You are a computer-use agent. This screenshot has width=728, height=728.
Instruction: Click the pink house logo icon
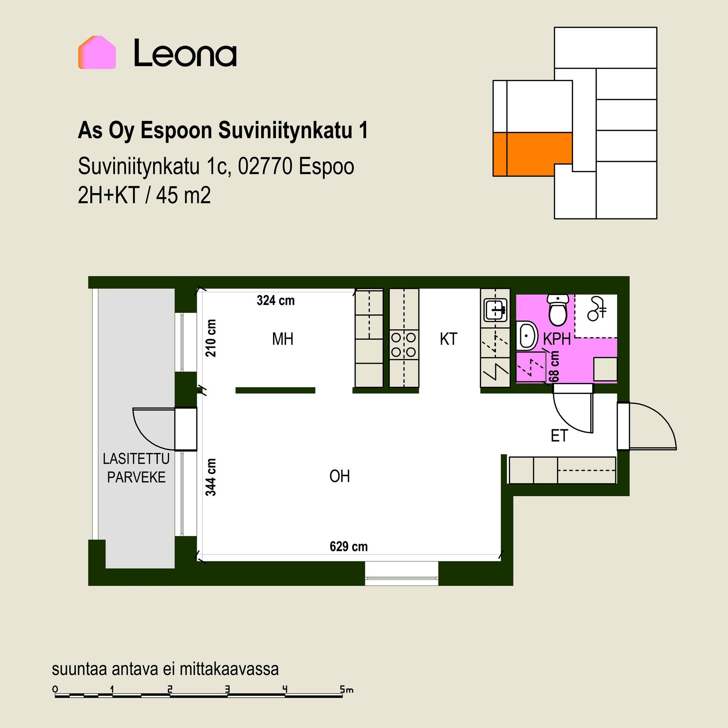click(x=97, y=52)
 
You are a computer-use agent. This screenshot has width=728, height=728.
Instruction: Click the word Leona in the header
click(x=185, y=53)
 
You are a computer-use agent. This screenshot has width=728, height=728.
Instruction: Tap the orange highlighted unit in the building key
click(x=532, y=154)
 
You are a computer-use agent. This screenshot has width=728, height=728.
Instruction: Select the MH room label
click(x=283, y=339)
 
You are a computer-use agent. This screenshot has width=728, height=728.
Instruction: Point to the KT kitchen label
click(x=449, y=339)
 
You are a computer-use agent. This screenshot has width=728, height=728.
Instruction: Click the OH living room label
click(x=340, y=476)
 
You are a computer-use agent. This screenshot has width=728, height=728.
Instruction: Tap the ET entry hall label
click(x=559, y=436)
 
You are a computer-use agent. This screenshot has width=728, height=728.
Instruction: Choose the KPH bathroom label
click(x=557, y=339)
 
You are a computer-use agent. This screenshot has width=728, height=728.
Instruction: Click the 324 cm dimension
click(x=276, y=300)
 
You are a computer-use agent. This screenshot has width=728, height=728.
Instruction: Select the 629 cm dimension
click(x=349, y=546)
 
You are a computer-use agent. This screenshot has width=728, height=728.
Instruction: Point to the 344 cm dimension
click(x=211, y=477)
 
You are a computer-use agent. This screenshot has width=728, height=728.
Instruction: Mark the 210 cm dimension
click(x=211, y=338)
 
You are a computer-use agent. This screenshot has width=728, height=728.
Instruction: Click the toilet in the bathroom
click(x=558, y=310)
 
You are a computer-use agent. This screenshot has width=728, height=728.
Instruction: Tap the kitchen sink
click(x=495, y=309)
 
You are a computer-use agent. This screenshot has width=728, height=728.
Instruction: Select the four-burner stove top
click(x=404, y=344)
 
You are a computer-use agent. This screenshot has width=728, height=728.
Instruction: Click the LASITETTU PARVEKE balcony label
click(x=136, y=468)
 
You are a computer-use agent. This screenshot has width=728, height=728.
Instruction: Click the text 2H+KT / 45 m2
click(x=144, y=196)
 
